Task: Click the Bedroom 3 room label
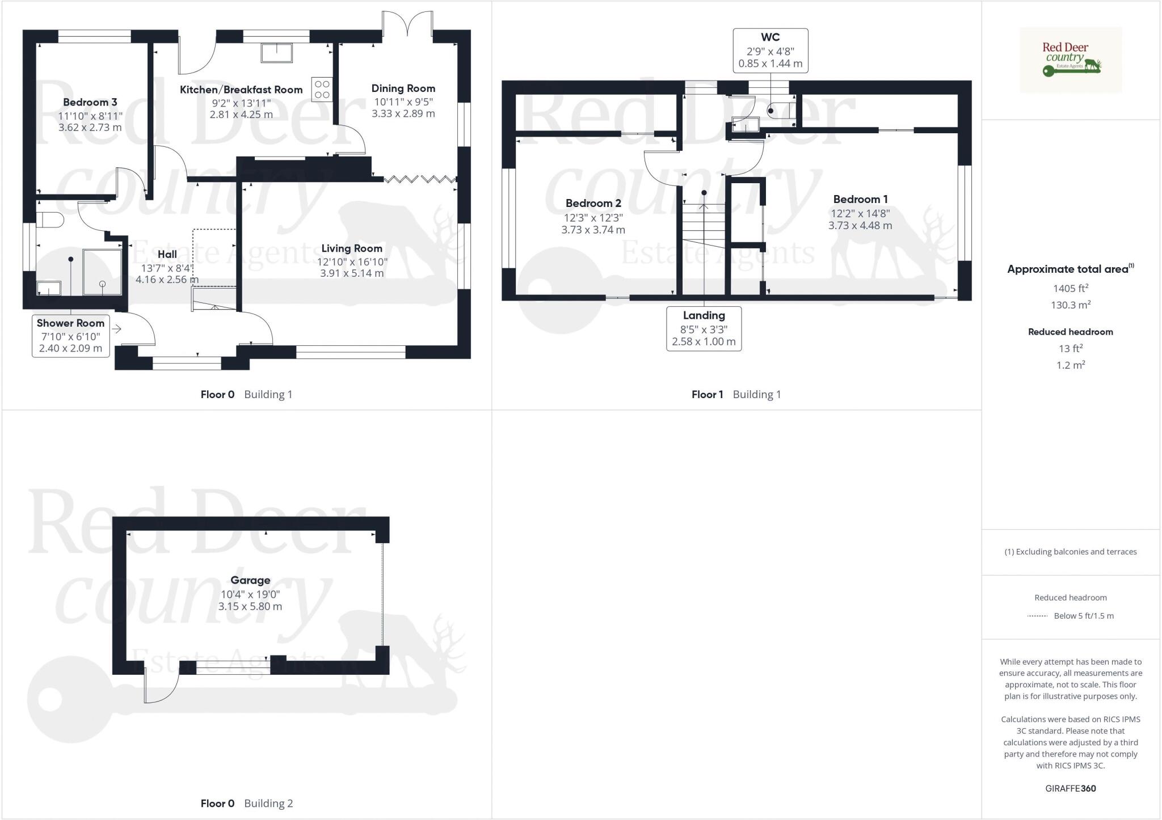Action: (90, 102)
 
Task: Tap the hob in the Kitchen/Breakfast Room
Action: (322, 89)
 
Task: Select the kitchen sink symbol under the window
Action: (276, 53)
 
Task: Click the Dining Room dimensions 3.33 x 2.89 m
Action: (403, 113)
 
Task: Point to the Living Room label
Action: (351, 248)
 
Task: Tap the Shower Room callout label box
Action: (70, 335)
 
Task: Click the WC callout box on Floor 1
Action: (770, 50)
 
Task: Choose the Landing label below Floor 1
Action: (704, 315)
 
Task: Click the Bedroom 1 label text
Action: (860, 199)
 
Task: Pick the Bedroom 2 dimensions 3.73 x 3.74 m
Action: (593, 230)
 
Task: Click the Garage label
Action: (250, 580)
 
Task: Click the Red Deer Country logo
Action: (1070, 60)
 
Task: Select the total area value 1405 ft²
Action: (1070, 289)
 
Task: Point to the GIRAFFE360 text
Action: (1070, 788)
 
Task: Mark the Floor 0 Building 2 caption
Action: (246, 803)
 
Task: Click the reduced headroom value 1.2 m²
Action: (1070, 365)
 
